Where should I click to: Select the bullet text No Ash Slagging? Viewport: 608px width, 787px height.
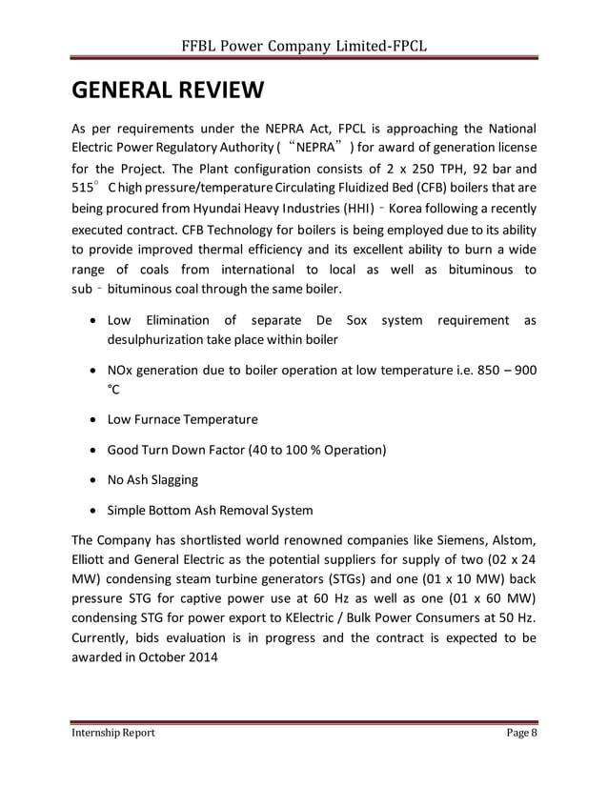pyautogui.click(x=152, y=480)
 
